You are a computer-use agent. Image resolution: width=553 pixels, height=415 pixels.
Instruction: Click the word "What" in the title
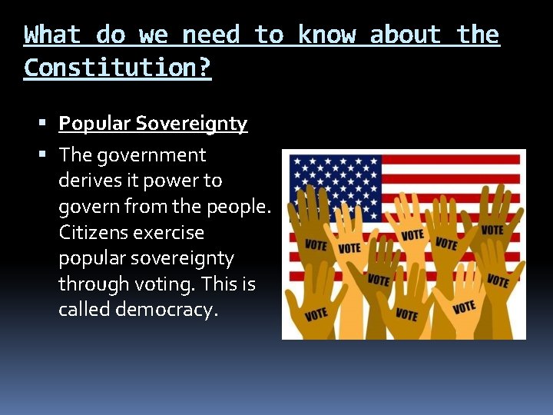point(52,35)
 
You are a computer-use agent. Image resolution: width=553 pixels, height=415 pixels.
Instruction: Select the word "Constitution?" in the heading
point(118,68)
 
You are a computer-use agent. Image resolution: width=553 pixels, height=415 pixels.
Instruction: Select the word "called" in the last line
point(83,310)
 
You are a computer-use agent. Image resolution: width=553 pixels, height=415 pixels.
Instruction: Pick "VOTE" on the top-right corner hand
point(492,230)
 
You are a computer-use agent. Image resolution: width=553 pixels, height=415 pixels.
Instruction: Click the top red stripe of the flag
point(453,160)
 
